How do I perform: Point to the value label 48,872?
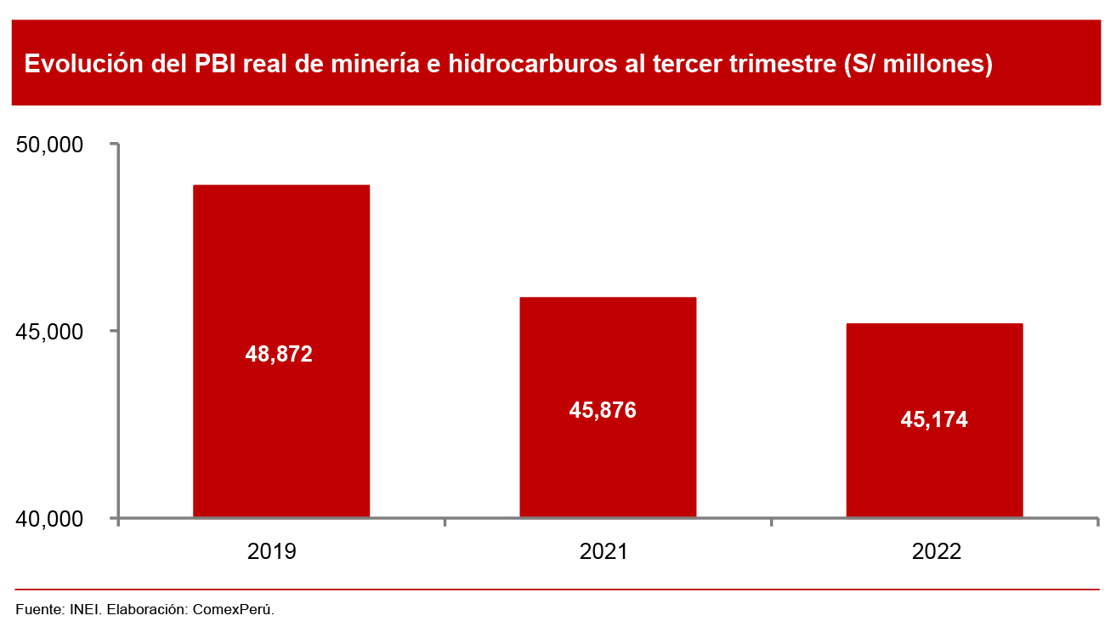click(279, 354)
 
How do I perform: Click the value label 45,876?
click(603, 410)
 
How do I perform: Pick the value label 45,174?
click(933, 419)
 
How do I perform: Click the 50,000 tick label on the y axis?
click(50, 145)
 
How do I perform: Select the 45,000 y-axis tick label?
click(50, 331)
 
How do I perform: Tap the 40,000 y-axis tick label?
click(50, 518)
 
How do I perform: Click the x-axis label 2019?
click(272, 551)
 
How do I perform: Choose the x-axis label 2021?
click(603, 551)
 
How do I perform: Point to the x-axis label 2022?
click(937, 551)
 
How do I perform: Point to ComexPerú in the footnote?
click(234, 609)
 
